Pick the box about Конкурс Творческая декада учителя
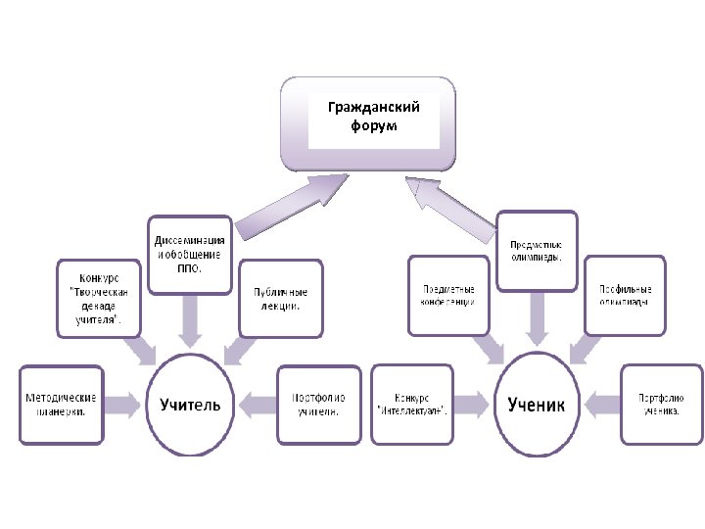[99, 298]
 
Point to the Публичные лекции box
[281, 298]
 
